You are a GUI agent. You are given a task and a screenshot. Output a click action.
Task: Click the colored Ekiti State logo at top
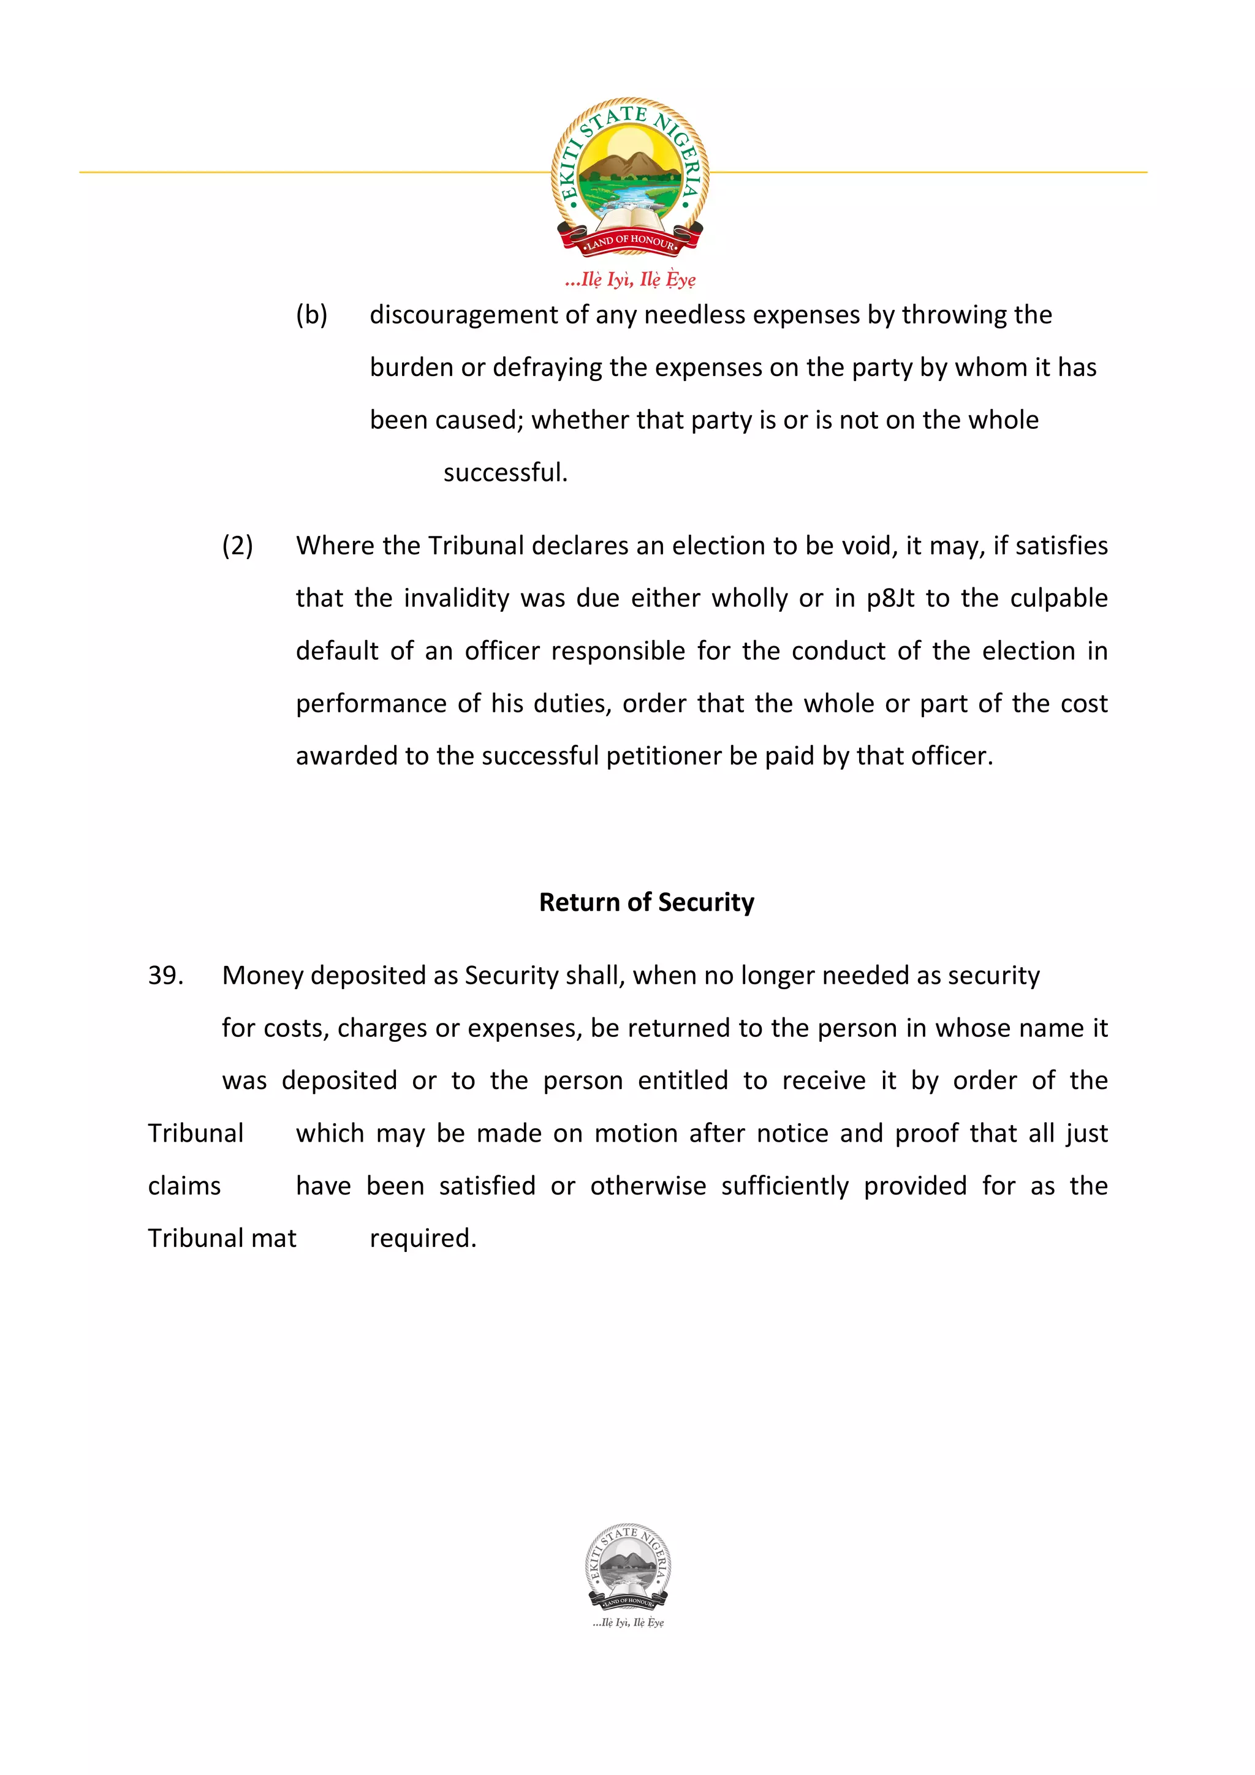[629, 176]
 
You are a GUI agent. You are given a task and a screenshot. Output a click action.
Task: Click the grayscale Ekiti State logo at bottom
[628, 1566]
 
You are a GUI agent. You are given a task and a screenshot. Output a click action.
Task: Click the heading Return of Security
[646, 902]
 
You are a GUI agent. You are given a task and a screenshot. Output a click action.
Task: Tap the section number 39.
[165, 976]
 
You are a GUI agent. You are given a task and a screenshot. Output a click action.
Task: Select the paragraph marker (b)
[312, 315]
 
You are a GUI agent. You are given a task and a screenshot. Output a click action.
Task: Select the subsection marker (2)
[237, 546]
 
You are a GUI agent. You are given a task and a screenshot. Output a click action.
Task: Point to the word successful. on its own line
[505, 472]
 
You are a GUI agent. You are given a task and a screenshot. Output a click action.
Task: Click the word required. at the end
[423, 1238]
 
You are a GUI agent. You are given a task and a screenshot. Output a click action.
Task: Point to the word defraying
[547, 367]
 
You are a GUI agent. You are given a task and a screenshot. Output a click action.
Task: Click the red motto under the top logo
[630, 279]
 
